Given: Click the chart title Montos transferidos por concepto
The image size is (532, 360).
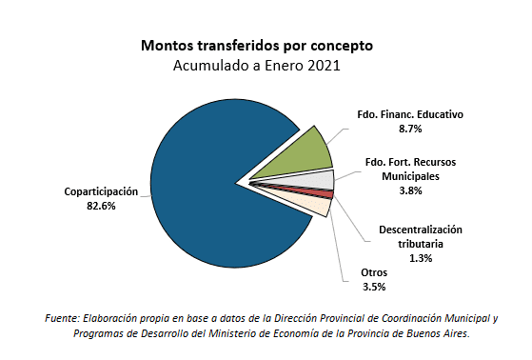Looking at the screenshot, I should [x=256, y=46].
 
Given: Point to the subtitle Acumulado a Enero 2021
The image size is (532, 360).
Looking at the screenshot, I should [x=256, y=66].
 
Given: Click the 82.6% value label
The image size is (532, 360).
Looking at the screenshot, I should [x=100, y=206].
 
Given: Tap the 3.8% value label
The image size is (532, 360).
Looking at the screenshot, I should [x=411, y=190].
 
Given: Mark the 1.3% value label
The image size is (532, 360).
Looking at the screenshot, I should [x=420, y=258].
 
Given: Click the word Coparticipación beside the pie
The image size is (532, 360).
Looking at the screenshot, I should [x=101, y=191].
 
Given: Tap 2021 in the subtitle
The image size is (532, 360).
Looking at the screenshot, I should [x=324, y=66].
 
